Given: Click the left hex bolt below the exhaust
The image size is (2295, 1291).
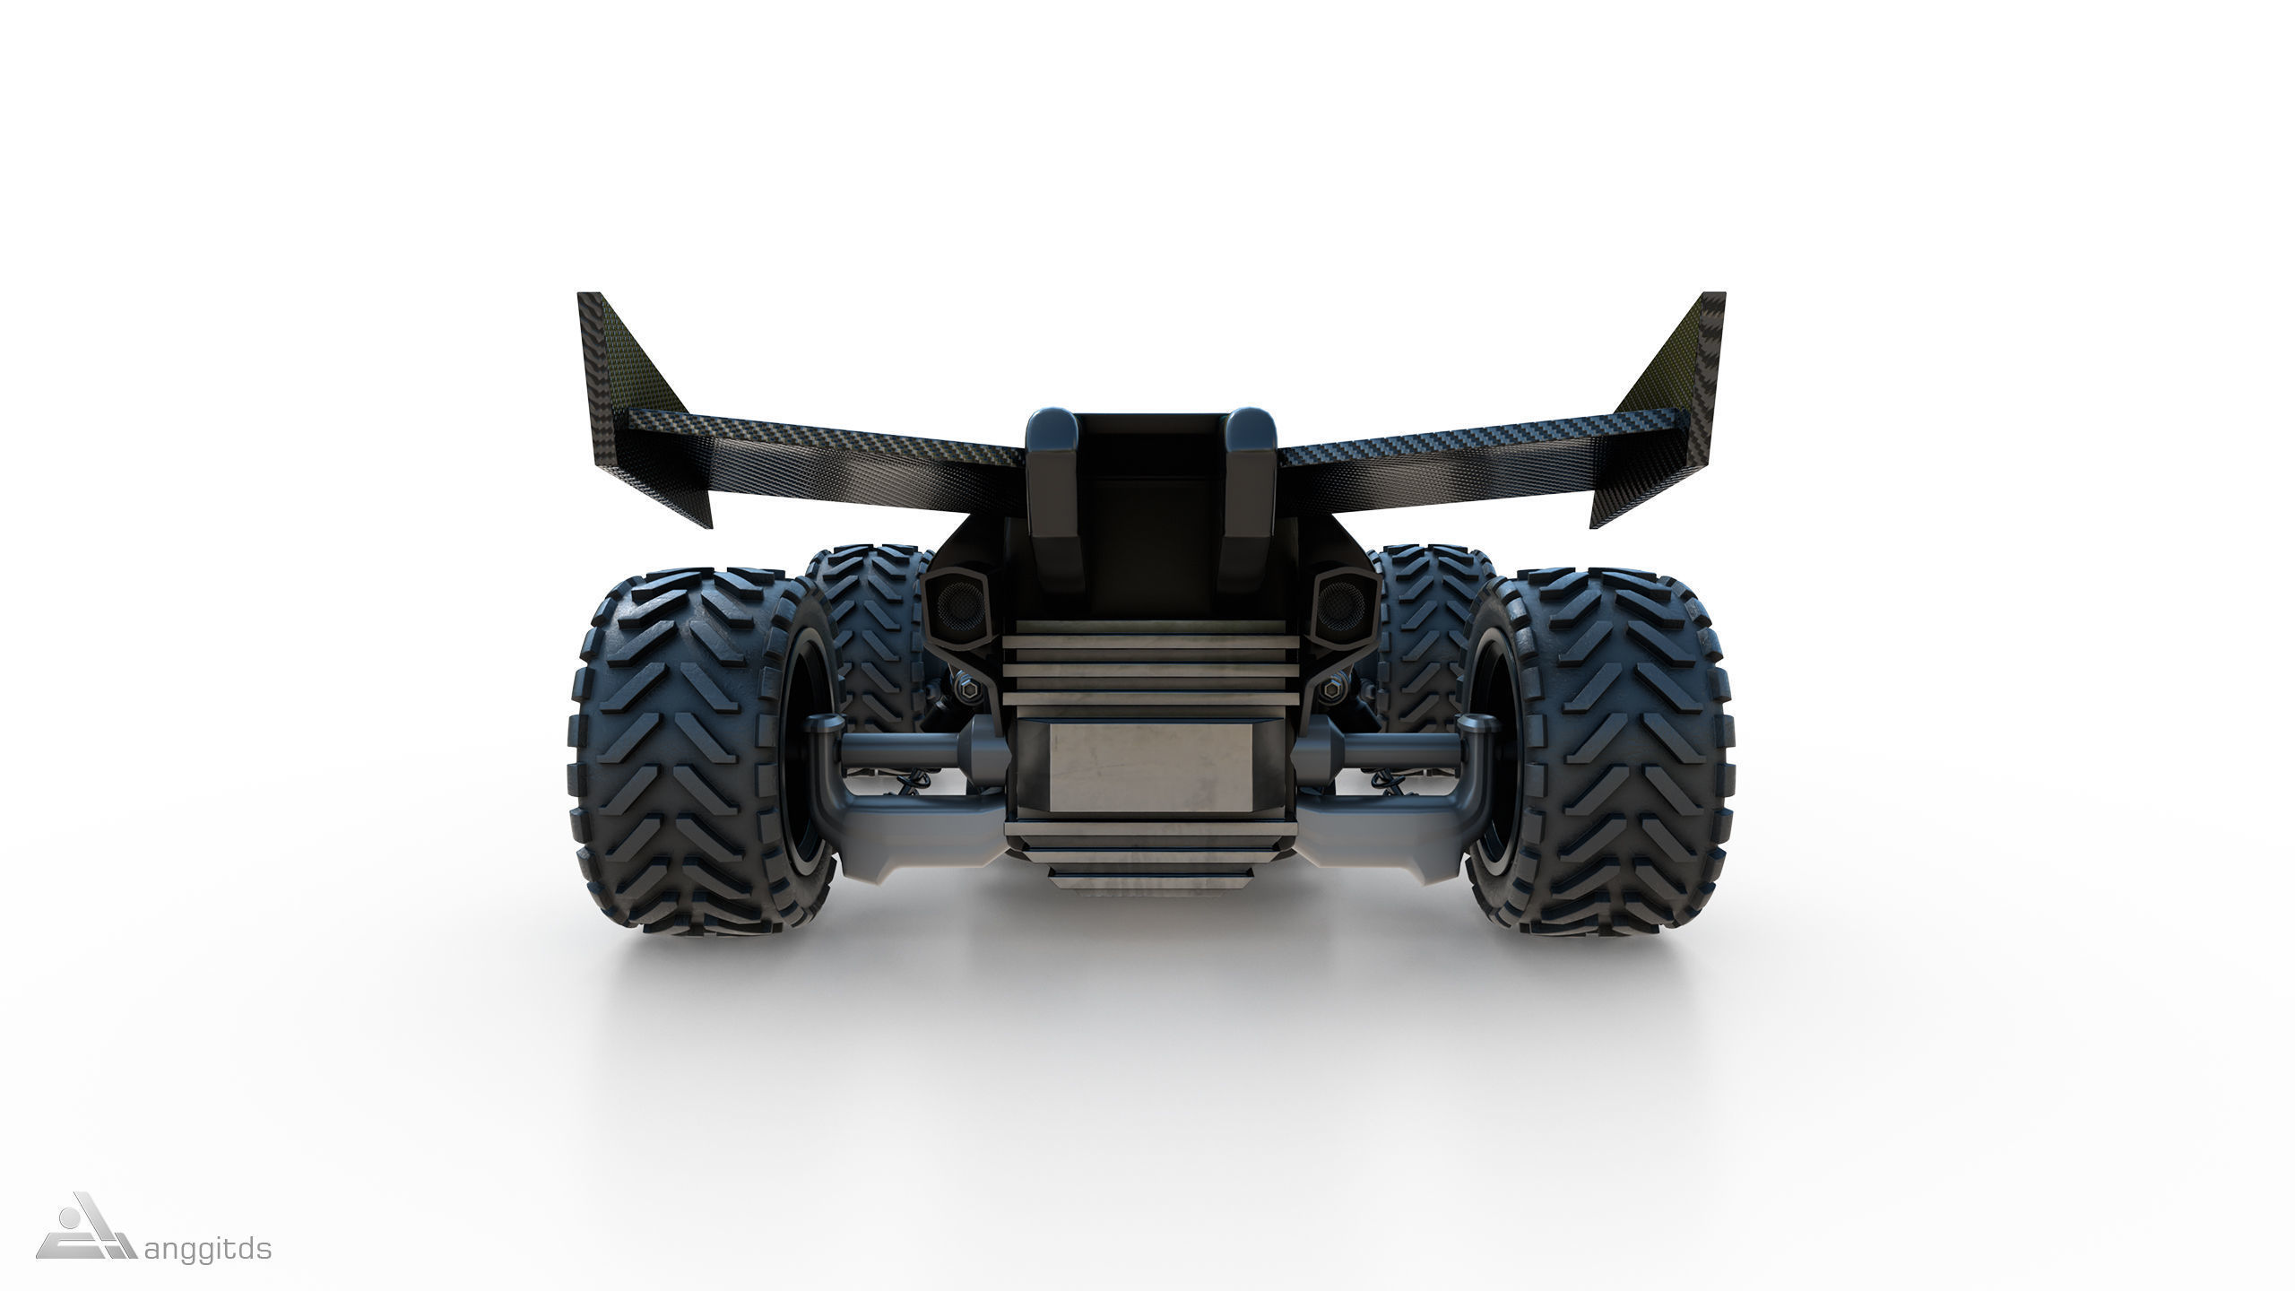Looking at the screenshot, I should (971, 689).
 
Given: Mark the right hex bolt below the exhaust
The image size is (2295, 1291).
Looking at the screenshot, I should (1324, 689).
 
